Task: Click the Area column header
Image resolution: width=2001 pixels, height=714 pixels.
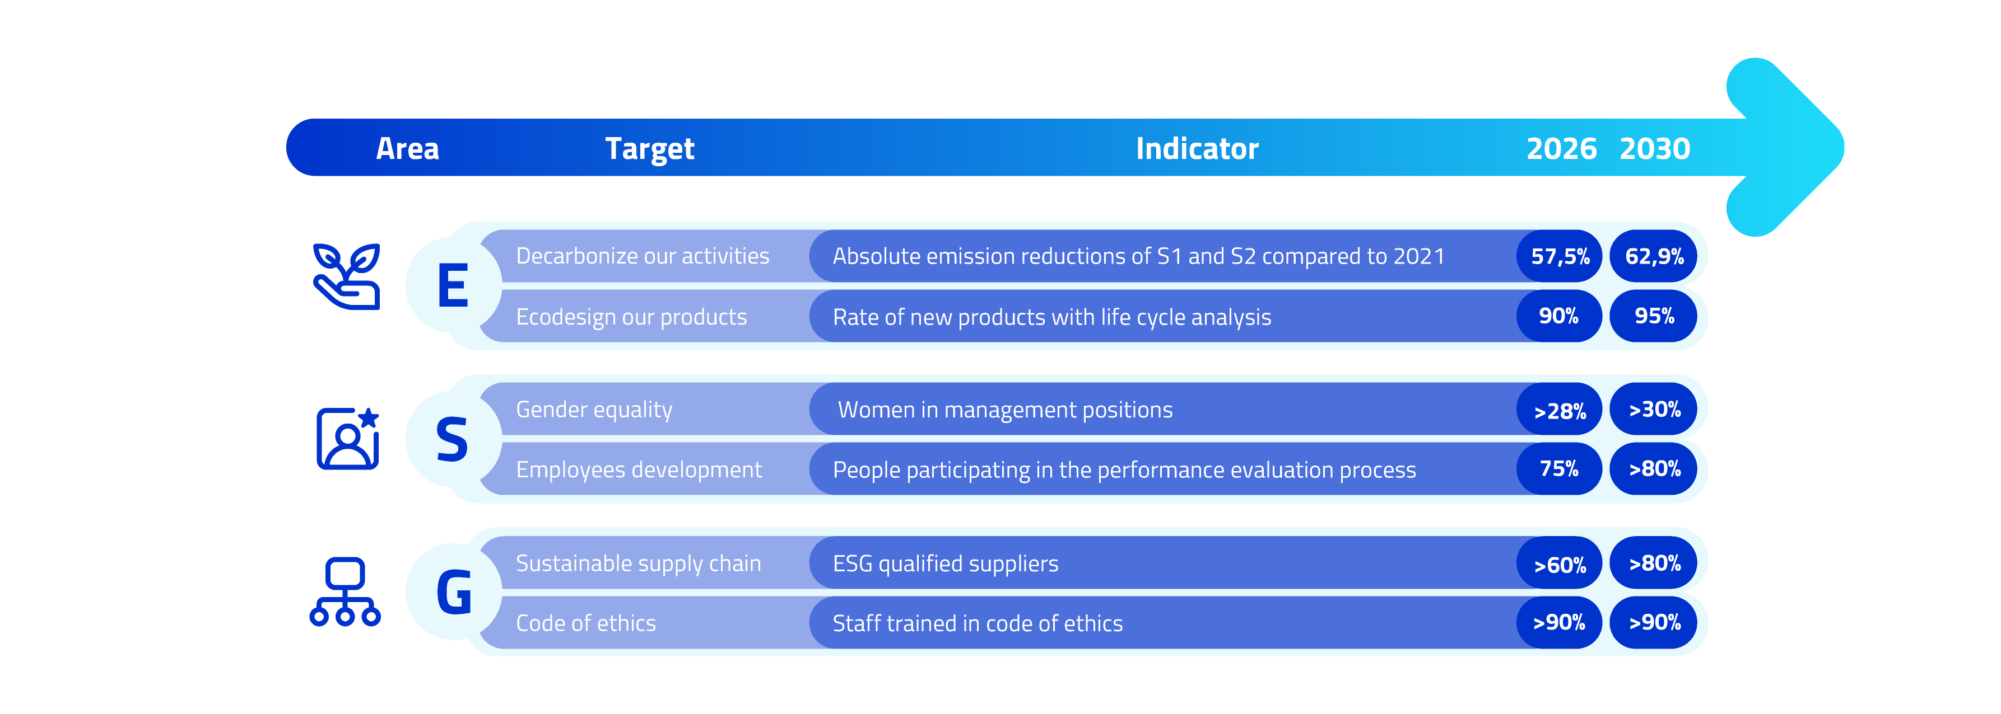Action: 407,148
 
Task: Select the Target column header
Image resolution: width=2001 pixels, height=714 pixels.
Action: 649,149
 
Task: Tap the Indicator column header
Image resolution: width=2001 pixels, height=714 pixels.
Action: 1196,148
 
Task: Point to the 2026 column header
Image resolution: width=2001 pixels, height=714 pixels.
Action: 1561,148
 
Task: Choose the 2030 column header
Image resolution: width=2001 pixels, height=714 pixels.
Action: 1655,148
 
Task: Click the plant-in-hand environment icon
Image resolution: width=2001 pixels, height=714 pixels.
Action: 346,276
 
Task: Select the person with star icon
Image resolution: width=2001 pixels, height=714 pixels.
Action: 347,439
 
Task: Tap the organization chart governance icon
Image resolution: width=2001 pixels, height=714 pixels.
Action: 345,591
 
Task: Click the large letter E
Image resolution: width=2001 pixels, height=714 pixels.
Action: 453,285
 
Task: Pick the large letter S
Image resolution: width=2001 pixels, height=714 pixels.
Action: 452,439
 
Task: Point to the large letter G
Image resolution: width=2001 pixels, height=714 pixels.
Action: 454,592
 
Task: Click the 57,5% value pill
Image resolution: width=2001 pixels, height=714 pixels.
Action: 1559,256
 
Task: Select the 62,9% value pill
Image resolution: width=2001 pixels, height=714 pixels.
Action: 1654,256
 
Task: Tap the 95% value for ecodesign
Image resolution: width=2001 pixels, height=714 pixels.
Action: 1654,316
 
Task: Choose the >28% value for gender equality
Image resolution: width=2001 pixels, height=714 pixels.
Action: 1559,409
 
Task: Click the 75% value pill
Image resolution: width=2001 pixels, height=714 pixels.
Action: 1559,469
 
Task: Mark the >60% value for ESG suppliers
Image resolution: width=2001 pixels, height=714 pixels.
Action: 1559,563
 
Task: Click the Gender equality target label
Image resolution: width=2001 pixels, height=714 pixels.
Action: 594,410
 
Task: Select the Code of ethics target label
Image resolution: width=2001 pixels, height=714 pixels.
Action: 586,623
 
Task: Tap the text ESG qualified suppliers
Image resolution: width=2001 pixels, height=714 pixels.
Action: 946,563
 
